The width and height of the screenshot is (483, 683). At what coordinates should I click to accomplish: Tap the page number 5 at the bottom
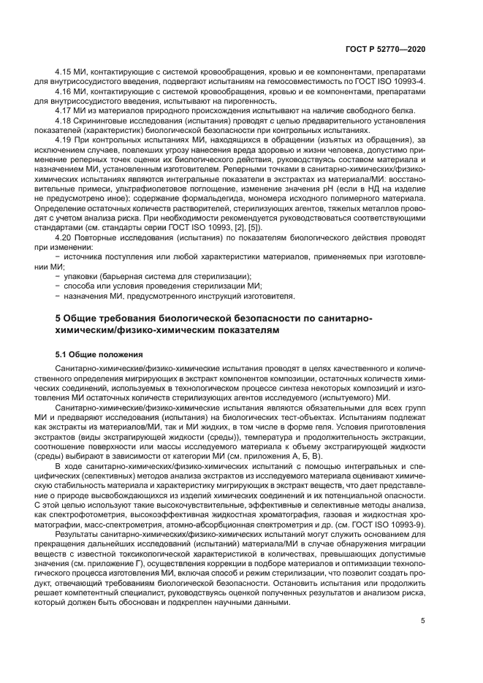coord(423,621)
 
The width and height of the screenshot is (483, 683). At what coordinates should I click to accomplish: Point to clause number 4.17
coord(64,110)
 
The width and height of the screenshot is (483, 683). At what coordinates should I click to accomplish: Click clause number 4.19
coord(64,139)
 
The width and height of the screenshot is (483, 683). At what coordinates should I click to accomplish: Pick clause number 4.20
coord(64,238)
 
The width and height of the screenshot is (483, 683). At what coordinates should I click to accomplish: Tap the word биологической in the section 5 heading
coord(237,318)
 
